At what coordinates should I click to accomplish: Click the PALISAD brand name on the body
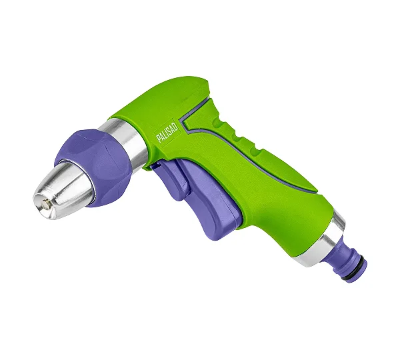167,134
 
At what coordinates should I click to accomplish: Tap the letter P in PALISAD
159,139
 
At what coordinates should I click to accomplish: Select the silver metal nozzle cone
64,190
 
